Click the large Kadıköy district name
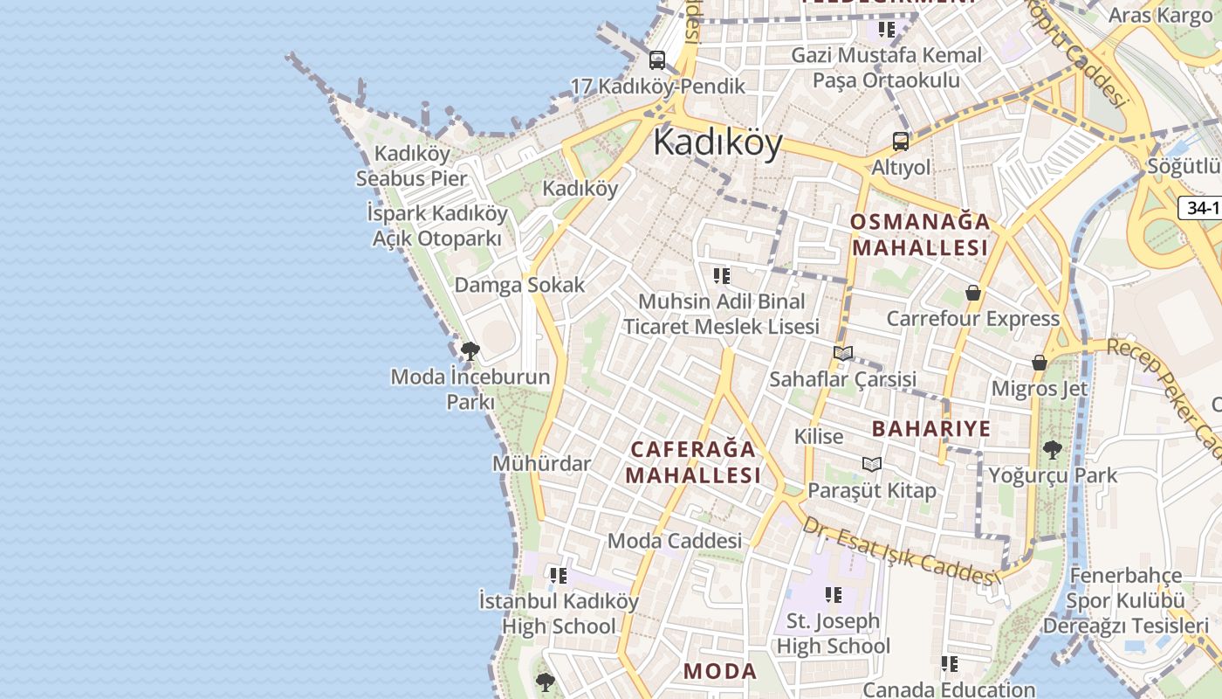point(717,142)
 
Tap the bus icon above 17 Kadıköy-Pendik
point(657,60)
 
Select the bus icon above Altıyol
point(901,142)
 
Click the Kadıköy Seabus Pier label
point(411,166)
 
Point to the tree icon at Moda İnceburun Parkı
point(470,351)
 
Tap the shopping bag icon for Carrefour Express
point(973,293)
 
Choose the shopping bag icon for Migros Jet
point(1040,363)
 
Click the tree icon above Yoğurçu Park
point(1053,450)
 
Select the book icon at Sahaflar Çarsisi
point(842,354)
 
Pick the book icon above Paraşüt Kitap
point(871,464)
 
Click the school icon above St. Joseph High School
point(834,595)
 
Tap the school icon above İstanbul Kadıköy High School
point(559,576)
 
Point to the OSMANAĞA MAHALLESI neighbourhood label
point(920,234)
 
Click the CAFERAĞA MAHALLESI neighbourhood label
point(693,462)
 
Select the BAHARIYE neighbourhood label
point(931,428)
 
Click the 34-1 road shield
point(1203,208)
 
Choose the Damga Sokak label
point(519,285)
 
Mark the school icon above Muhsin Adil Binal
point(721,276)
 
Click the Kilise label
point(819,436)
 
